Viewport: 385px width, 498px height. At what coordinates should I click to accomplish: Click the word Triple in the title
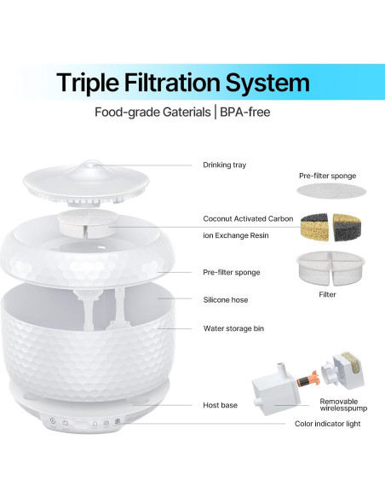pyautogui.click(x=94, y=83)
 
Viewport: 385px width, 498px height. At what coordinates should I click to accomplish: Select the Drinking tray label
pyautogui.click(x=224, y=165)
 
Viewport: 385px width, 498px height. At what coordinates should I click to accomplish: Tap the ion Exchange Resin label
pyautogui.click(x=236, y=235)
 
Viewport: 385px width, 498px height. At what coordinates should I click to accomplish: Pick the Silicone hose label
pyautogui.click(x=226, y=300)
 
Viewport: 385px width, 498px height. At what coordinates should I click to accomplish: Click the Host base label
pyautogui.click(x=220, y=405)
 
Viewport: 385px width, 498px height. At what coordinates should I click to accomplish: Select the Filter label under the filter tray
pyautogui.click(x=327, y=295)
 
